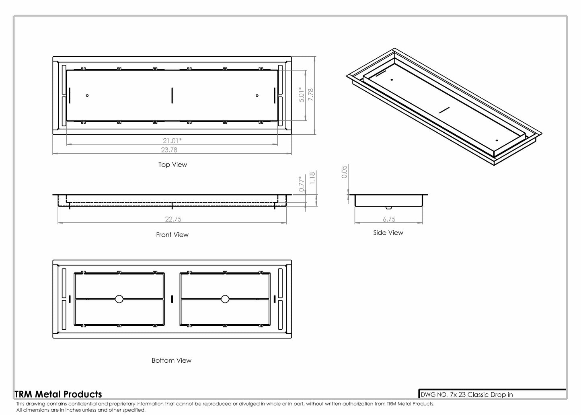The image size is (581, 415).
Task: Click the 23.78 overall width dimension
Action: point(169,150)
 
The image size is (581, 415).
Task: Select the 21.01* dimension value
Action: point(172,140)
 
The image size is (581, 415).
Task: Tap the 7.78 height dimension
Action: point(310,95)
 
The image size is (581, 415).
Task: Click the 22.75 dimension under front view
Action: point(172,219)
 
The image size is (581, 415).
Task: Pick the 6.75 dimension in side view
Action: point(389,219)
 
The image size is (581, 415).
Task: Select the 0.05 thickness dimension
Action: point(344,172)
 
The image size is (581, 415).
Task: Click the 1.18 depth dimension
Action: point(312,178)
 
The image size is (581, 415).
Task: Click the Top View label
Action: point(172,164)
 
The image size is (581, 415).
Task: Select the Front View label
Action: point(172,234)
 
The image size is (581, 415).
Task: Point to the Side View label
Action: point(388,232)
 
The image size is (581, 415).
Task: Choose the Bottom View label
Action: point(171,360)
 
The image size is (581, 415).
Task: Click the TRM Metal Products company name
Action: point(58,394)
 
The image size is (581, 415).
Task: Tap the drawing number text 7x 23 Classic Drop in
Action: point(466,394)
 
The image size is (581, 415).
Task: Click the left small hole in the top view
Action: point(87,95)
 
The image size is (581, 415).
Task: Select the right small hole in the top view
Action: point(257,95)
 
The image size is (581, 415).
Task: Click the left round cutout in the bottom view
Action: point(119,299)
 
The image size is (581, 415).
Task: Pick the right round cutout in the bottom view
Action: point(225,299)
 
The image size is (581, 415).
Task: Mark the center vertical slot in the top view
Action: point(172,95)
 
